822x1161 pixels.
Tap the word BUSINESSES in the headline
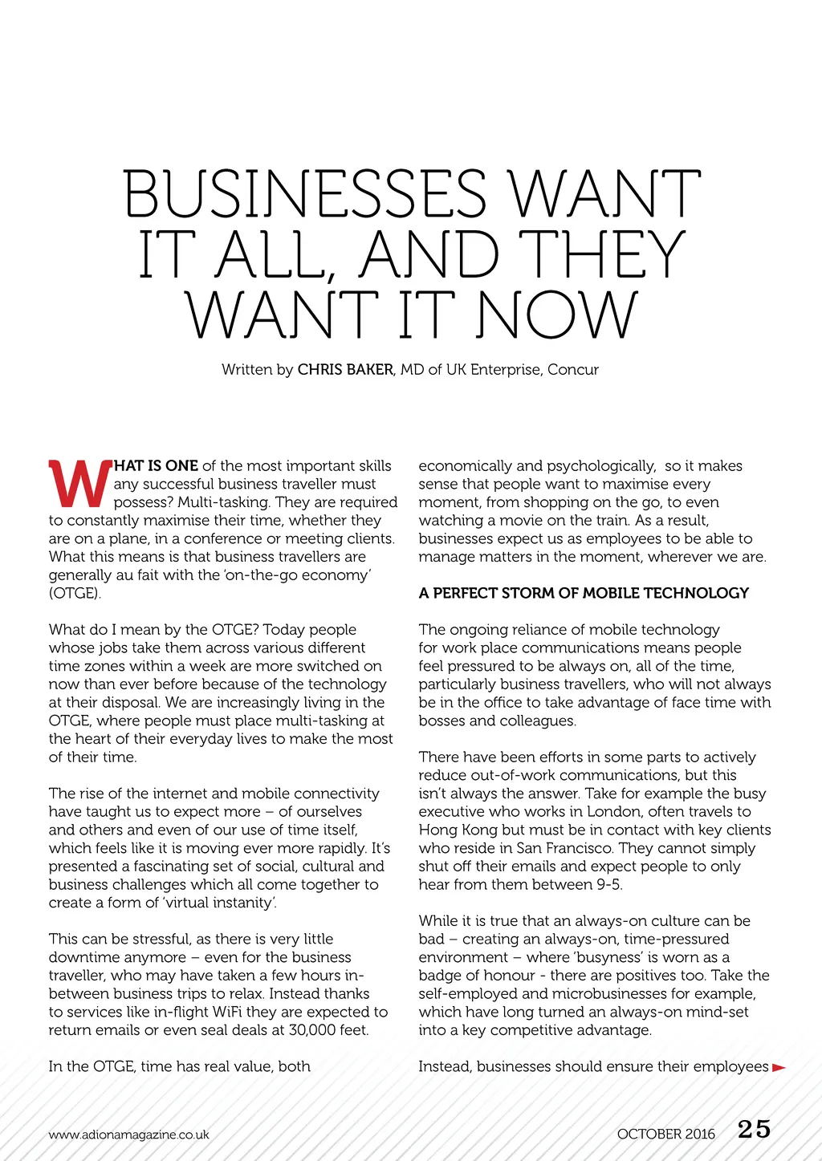pos(305,194)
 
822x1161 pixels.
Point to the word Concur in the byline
pos(573,370)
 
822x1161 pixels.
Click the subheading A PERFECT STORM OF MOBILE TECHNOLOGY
pos(584,593)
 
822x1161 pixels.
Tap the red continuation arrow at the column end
pos(779,1067)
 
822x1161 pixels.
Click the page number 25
pos(754,1130)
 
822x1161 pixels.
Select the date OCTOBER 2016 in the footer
pos(665,1134)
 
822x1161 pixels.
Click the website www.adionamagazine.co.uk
pos(128,1135)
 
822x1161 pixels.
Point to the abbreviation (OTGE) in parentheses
pos(75,594)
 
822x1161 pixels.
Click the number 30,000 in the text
pos(308,1030)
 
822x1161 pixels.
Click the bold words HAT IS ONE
pos(157,466)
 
